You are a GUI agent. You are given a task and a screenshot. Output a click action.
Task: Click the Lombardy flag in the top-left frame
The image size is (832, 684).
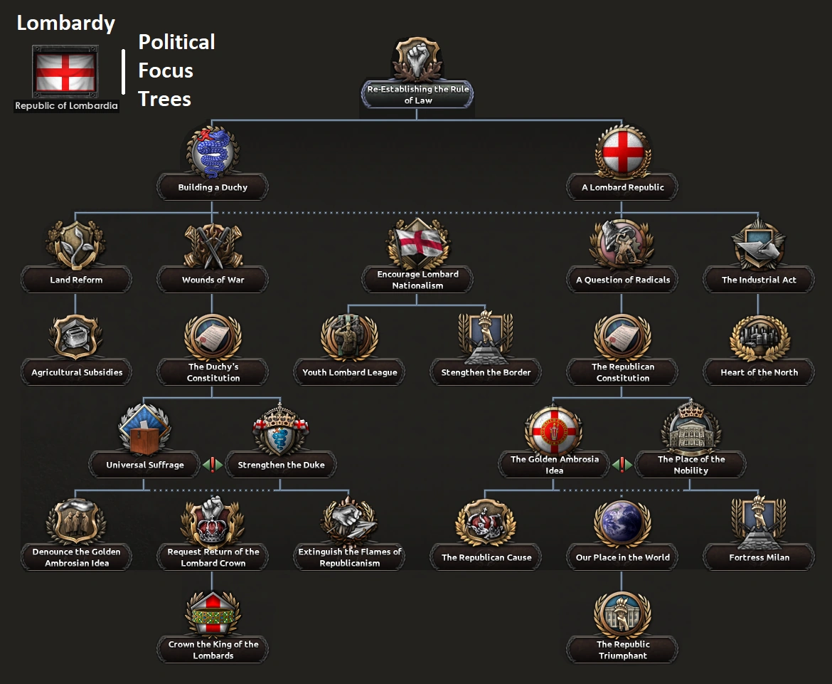[65, 72]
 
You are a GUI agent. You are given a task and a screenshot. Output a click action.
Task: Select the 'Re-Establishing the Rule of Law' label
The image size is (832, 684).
[418, 95]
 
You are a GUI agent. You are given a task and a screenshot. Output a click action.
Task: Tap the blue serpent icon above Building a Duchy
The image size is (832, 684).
[213, 152]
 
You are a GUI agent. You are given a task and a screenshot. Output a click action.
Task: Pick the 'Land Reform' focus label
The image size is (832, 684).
[76, 280]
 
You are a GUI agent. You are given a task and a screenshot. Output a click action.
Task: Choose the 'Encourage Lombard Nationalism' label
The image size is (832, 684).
[418, 280]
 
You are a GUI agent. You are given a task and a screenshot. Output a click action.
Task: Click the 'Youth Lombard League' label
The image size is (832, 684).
[350, 372]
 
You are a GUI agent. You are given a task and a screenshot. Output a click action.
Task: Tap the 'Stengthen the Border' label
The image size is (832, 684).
[486, 372]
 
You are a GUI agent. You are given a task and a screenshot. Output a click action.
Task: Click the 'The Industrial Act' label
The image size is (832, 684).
[759, 280]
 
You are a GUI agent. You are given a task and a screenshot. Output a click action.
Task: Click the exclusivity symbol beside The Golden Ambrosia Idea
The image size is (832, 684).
[622, 465]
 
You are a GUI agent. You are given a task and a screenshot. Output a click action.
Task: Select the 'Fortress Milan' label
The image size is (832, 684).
[759, 557]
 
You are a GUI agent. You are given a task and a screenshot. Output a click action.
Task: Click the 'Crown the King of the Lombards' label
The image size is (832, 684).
[213, 650]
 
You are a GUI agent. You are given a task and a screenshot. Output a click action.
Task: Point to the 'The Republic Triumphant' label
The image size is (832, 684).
[622, 650]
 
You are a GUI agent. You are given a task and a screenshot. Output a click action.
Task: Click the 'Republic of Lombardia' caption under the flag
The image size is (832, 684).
[66, 106]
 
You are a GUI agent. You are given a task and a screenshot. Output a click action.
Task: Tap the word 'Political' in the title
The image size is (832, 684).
[176, 42]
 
